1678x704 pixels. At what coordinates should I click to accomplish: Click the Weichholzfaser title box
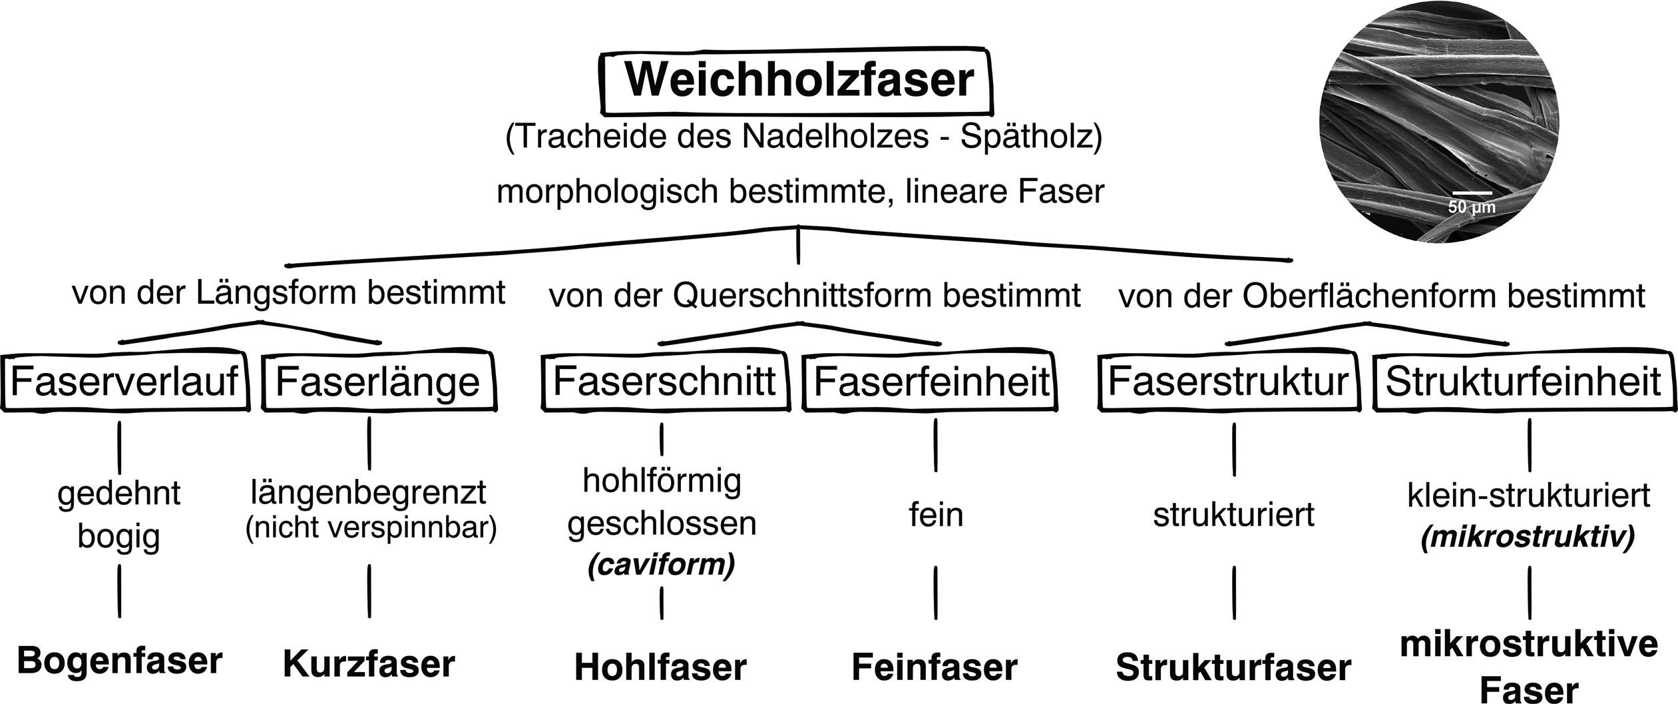pos(798,81)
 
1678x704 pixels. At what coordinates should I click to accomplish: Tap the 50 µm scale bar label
pos(1472,206)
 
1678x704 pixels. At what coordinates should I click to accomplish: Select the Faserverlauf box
pos(124,382)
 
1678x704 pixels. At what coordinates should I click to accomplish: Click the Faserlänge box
pos(378,382)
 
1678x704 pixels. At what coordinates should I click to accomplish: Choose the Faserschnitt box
pos(664,381)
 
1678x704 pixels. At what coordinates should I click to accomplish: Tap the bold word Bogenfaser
pos(119,661)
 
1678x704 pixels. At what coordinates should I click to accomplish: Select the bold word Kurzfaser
pos(369,665)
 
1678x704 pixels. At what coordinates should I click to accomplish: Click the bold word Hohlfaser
pos(660,667)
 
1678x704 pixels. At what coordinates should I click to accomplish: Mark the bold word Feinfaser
pos(935,667)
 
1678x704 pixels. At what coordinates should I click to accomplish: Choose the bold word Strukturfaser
pos(1233,667)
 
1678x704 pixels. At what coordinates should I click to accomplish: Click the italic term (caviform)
pos(661,565)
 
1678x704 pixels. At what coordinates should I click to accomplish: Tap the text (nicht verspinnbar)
pos(371,528)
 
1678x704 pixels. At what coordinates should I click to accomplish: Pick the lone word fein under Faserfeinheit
pos(936,515)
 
